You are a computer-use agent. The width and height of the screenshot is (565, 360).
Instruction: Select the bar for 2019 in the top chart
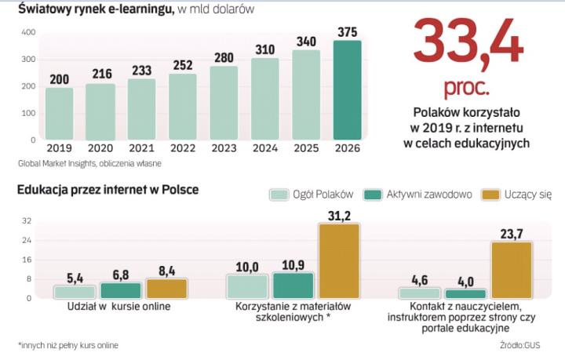point(59,114)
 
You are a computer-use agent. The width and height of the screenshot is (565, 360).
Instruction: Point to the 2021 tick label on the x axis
point(142,147)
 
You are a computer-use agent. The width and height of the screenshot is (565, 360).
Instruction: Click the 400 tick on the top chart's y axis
point(28,32)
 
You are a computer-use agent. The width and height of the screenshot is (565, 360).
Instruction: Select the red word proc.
point(468,83)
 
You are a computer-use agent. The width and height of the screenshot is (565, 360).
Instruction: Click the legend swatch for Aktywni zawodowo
point(374,195)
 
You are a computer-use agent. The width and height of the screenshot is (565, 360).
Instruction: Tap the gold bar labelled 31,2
point(339,261)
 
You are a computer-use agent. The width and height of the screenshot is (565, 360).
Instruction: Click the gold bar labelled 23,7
point(512,270)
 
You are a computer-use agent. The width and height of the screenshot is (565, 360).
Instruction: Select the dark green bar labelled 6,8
point(121,290)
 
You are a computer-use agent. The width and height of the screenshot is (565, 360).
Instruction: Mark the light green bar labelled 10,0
point(247,286)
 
